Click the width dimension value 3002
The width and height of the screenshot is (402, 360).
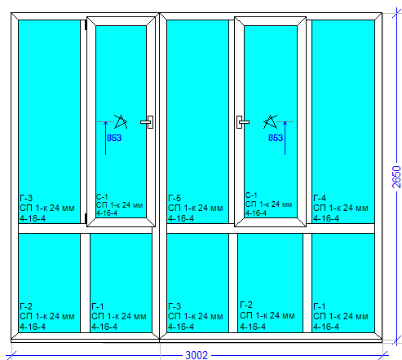coord(197,355)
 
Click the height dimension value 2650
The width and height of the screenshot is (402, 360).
coord(396,177)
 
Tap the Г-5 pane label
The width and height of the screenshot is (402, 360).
coord(174,198)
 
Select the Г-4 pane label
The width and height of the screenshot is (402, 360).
coord(320,198)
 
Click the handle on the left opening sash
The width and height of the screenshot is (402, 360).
coord(148,122)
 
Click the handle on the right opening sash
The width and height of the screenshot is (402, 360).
coord(242,122)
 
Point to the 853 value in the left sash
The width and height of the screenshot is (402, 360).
coord(114,138)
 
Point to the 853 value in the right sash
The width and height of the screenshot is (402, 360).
coord(276,138)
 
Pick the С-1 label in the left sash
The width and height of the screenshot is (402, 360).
coord(102,196)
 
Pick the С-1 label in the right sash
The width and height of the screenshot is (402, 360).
coord(251,195)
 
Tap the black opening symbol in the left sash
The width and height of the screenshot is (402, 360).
coord(121,121)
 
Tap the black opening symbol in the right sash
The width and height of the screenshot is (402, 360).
coord(270,121)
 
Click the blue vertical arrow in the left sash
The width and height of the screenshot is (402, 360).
coord(106,138)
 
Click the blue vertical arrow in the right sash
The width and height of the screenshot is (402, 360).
coord(285,138)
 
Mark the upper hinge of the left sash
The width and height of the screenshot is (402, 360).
coord(86,25)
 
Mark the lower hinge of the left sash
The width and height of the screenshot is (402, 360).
coord(86,218)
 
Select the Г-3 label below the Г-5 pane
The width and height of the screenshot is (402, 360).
coord(174,306)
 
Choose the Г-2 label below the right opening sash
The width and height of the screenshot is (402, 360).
coord(246,305)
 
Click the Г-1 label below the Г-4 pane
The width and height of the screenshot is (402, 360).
coord(320,306)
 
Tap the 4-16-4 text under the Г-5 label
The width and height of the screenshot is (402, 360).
coord(181,218)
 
